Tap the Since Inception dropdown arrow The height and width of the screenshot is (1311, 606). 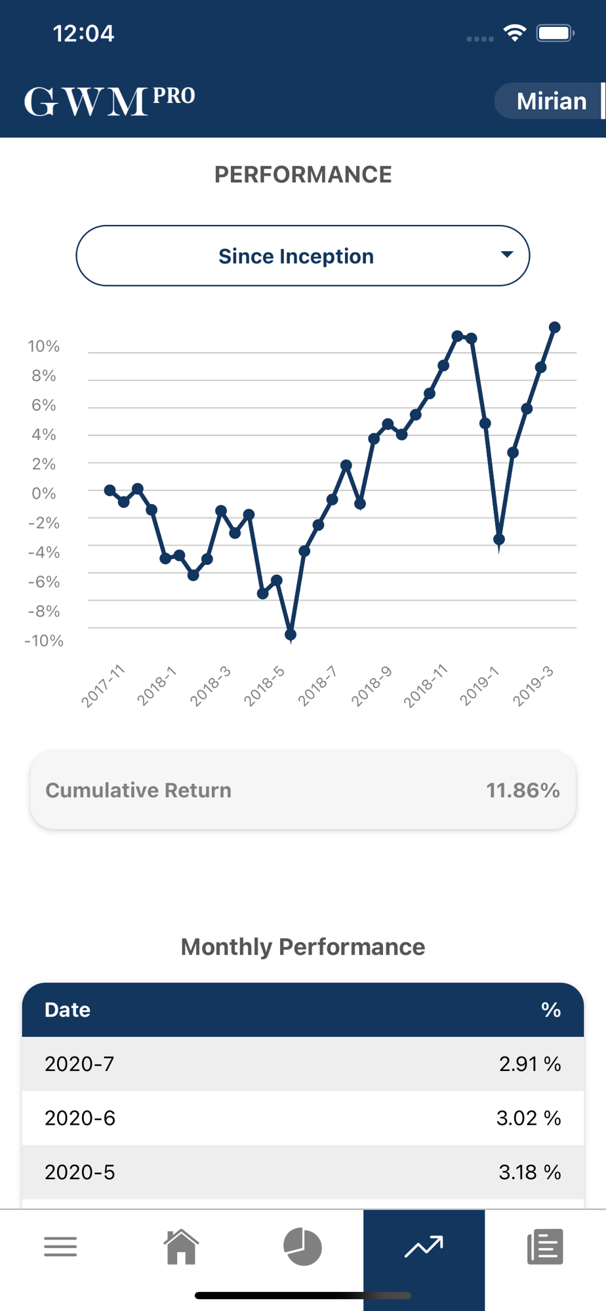(506, 254)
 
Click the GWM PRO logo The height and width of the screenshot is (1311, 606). (110, 101)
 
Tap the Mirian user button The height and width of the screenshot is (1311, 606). (550, 101)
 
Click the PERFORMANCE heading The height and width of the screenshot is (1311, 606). (303, 174)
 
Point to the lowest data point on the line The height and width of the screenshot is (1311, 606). (291, 634)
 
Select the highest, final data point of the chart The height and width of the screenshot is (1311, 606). (555, 327)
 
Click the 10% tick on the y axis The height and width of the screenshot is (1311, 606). (43, 346)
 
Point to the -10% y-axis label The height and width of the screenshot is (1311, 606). (43, 640)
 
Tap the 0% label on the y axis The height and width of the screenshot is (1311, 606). (43, 493)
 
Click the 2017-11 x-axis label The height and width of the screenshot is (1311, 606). (103, 686)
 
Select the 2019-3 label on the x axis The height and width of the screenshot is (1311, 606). (533, 686)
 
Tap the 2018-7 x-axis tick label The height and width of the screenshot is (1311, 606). (317, 686)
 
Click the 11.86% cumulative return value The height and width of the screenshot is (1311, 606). (523, 790)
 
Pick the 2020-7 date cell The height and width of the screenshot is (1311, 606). (79, 1063)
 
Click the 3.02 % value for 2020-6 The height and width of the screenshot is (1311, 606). (529, 1118)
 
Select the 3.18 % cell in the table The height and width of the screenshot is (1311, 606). (529, 1172)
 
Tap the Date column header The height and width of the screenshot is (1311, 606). (68, 1009)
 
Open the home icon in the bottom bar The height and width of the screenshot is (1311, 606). (182, 1246)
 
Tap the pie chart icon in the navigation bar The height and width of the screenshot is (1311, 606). (303, 1246)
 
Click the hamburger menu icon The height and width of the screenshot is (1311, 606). (60, 1246)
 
